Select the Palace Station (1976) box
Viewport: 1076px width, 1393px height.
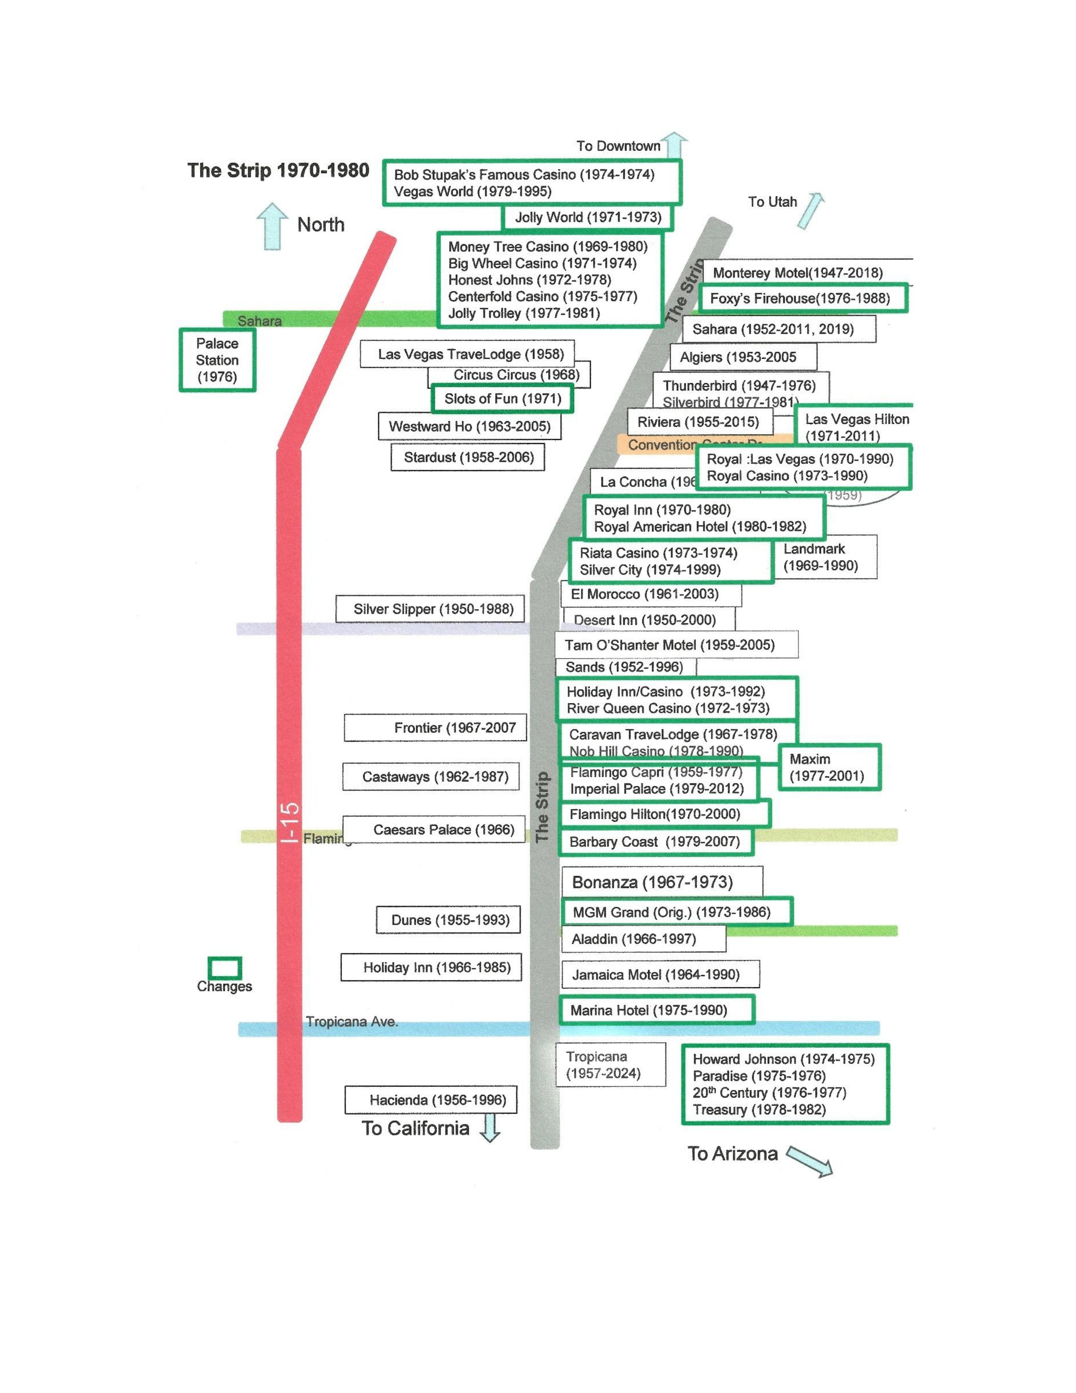[217, 360]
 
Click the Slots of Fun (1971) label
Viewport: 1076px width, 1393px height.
[502, 399]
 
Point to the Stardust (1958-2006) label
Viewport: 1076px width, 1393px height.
[469, 457]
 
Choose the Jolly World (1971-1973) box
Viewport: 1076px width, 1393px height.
[588, 217]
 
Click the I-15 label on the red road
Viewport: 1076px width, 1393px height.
[289, 823]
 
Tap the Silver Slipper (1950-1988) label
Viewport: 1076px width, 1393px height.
[433, 609]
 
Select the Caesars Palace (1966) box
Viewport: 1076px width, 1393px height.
[444, 829]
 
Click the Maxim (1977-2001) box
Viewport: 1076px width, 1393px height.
[829, 767]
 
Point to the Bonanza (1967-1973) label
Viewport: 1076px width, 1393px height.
[652, 882]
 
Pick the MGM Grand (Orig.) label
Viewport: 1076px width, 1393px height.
[671, 912]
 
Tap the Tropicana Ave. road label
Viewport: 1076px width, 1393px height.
[352, 1022]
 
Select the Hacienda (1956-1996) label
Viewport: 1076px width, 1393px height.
[437, 1100]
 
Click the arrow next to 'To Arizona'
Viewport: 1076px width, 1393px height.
[810, 1161]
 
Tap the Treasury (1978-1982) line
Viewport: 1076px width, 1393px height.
[759, 1110]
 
